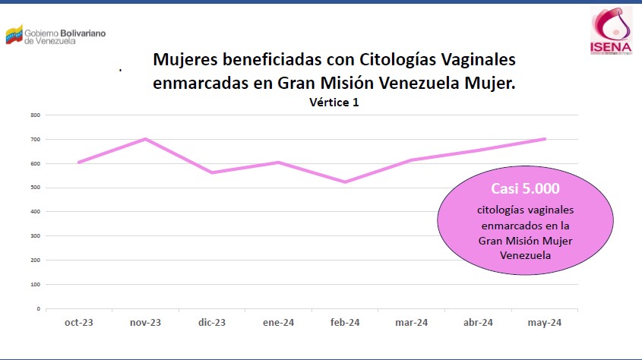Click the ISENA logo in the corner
tap(612, 32)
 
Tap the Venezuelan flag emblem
tap(14, 36)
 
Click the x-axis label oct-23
tap(78, 323)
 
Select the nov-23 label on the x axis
tap(145, 323)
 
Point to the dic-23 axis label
tap(211, 323)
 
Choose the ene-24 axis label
tap(278, 323)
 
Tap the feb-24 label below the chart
tap(345, 323)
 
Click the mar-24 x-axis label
tap(412, 323)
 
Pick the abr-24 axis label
tap(478, 323)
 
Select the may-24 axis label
tap(545, 323)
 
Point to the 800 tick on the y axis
tap(36, 115)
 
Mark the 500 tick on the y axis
tap(36, 188)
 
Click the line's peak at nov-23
tap(145, 139)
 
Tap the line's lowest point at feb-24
tap(345, 182)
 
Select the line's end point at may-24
tap(545, 139)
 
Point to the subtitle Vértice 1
tap(334, 103)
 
